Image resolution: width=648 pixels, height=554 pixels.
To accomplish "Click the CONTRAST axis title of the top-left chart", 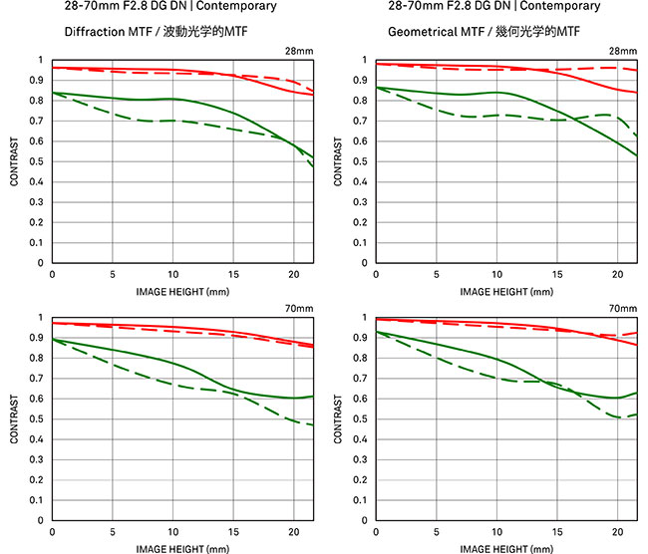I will (15, 161).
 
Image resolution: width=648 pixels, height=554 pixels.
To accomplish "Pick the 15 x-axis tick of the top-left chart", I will (233, 275).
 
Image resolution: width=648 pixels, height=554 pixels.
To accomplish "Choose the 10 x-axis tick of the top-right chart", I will (497, 275).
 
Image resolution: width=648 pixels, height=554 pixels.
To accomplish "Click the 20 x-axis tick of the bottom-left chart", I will (294, 532).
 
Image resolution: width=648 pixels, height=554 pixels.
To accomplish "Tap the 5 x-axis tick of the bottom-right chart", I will (437, 532).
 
